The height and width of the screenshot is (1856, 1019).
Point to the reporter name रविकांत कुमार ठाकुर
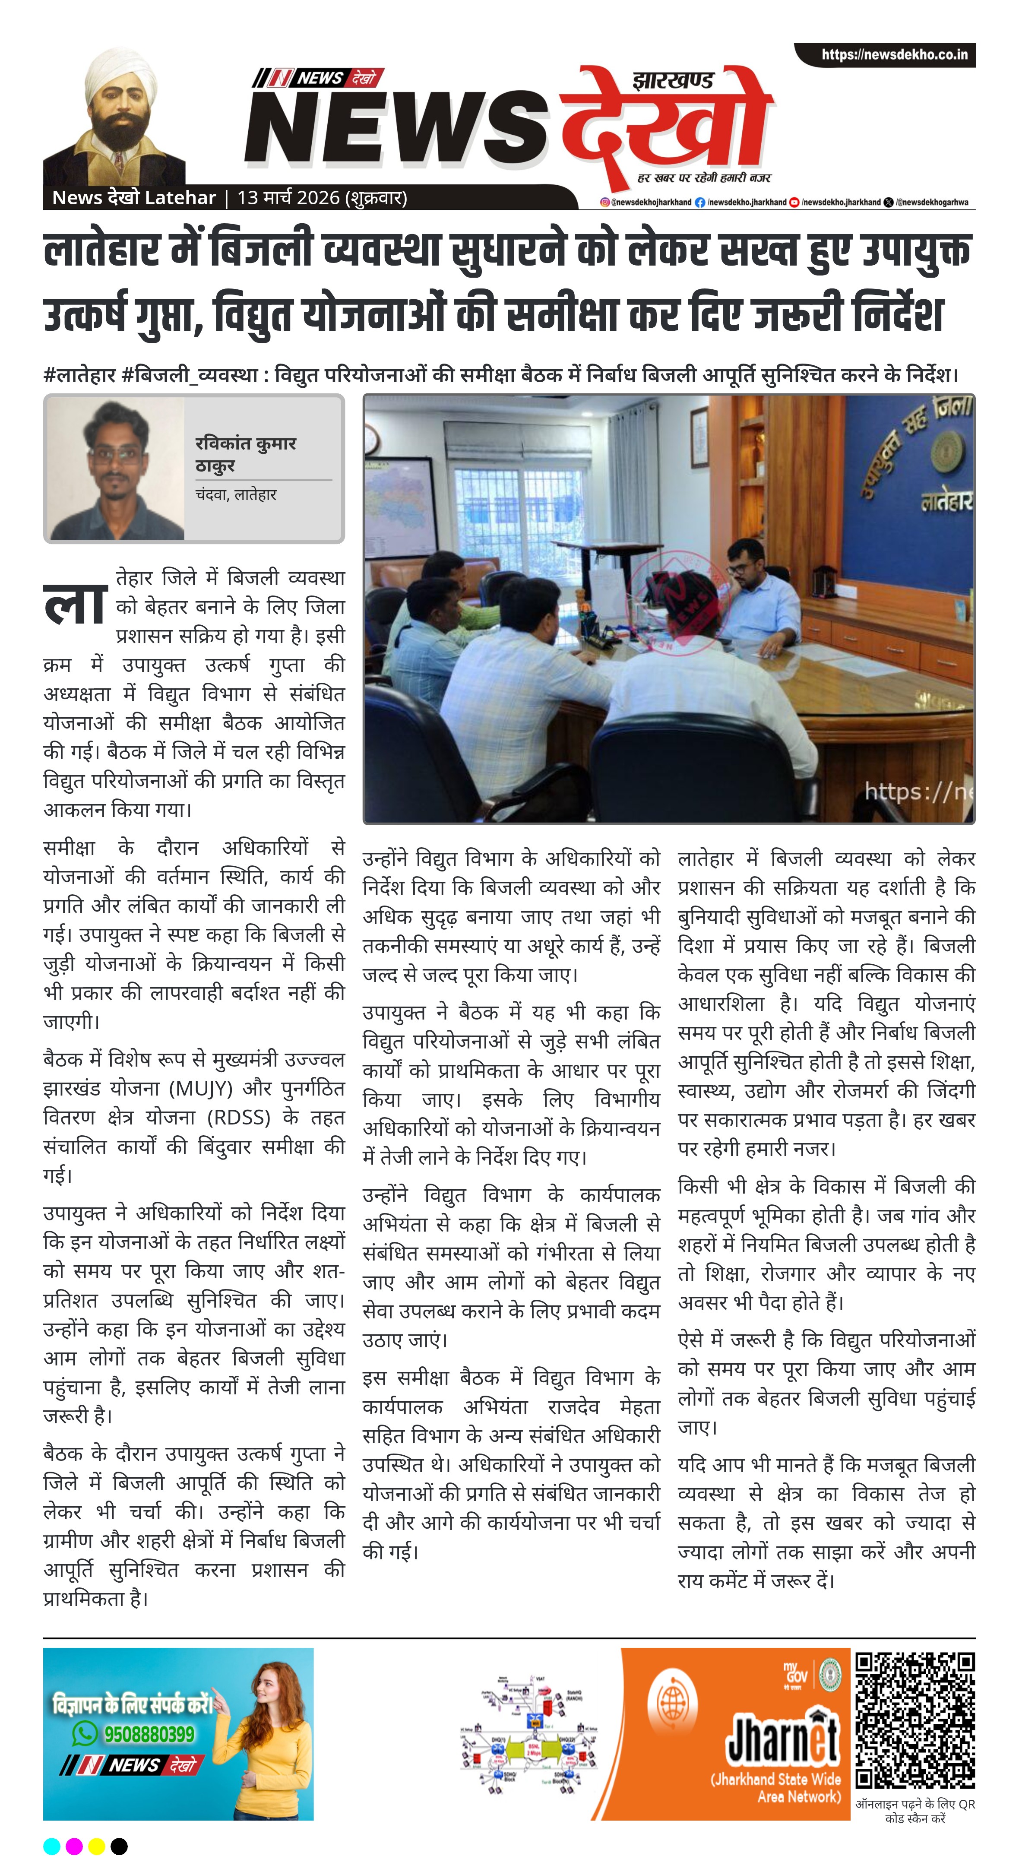point(245,454)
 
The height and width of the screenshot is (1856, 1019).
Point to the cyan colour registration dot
point(52,1846)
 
